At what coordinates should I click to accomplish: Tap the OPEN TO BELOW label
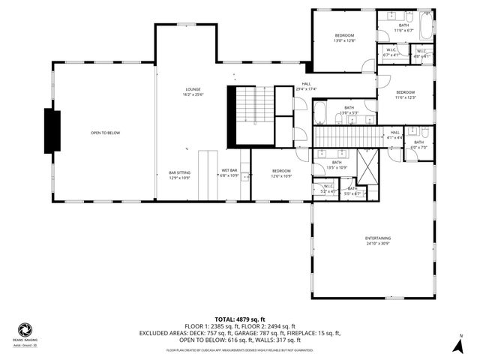105,133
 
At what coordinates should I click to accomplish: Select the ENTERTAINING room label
378,241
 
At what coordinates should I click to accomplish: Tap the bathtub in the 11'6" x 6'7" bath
426,27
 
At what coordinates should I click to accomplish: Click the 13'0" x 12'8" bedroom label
344,38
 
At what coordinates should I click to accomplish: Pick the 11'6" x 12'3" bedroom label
406,94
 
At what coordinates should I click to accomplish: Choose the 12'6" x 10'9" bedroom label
281,173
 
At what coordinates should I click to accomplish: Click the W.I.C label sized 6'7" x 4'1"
391,52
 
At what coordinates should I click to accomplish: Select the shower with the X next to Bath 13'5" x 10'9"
367,166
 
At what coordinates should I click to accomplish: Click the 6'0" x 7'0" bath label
418,145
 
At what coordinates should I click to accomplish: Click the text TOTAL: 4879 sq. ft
240,318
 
